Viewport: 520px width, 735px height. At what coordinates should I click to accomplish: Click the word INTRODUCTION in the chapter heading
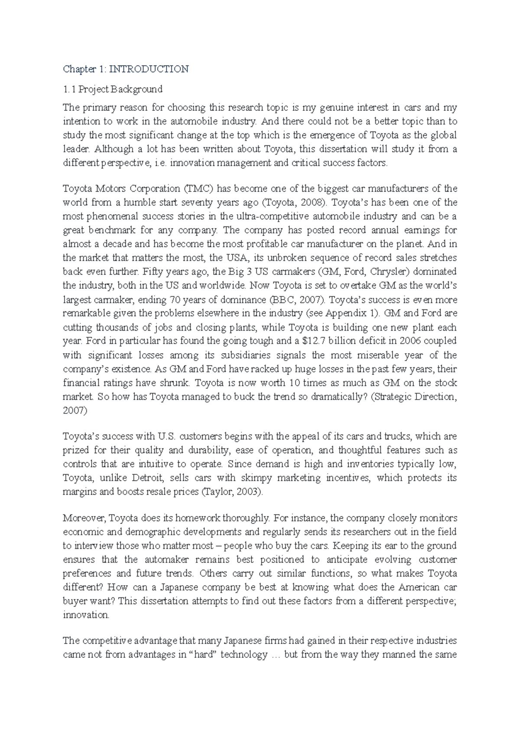149,69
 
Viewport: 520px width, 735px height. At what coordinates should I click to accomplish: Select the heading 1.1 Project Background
113,89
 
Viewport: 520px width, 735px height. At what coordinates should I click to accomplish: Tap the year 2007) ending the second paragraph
75,411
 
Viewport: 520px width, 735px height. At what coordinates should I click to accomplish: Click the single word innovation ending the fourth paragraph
86,615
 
